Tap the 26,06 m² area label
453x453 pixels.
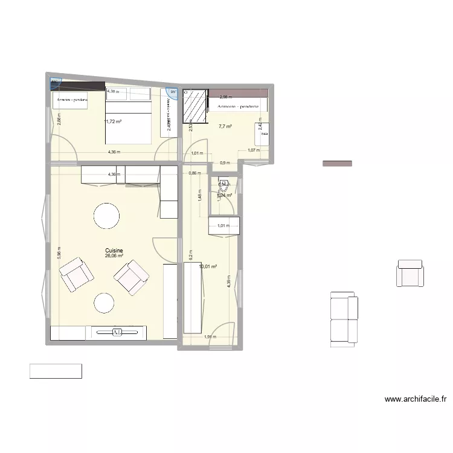tap(114, 256)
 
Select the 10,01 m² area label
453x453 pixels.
tap(207, 266)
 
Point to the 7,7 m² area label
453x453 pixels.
tap(225, 127)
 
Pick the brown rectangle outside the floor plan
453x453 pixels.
tap(337, 163)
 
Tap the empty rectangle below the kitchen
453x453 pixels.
tap(56, 371)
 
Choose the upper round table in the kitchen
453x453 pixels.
tap(106, 216)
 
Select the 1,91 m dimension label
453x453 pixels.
tap(210, 337)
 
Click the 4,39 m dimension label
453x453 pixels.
tap(229, 281)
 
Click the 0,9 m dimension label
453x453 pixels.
tap(225, 163)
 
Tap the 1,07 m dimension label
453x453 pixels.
tap(254, 150)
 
